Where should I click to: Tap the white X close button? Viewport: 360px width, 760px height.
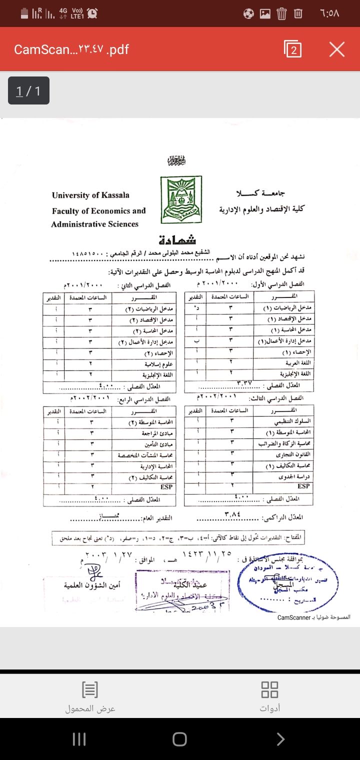[337, 49]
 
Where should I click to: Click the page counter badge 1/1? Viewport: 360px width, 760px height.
[28, 90]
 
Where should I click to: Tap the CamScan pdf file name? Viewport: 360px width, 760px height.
[71, 49]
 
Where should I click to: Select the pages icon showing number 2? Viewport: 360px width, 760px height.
[292, 49]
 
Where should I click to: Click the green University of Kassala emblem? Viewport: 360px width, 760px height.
[181, 199]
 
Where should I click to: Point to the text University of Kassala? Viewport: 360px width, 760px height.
[90, 195]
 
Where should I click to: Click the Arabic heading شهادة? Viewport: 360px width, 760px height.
[177, 239]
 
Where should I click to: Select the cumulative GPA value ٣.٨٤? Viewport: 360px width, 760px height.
[233, 513]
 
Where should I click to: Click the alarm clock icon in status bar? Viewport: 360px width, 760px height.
[92, 14]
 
